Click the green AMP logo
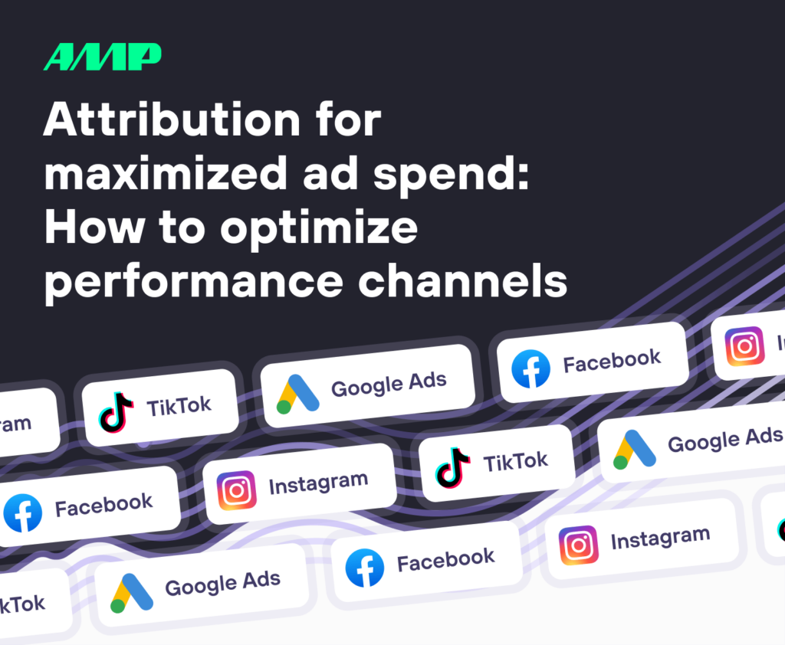(102, 57)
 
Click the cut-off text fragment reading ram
(15, 424)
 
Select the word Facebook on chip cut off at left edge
(103, 504)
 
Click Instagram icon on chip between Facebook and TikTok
(236, 490)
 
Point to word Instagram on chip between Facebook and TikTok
(317, 482)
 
